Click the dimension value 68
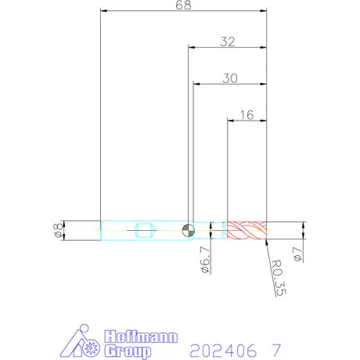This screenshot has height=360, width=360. click(x=183, y=5)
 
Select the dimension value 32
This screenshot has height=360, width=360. click(x=228, y=41)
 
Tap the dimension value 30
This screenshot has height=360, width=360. click(x=230, y=78)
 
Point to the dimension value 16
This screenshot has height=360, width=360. click(x=247, y=115)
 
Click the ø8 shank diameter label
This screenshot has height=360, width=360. click(x=58, y=231)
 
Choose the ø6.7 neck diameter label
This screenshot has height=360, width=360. click(x=206, y=260)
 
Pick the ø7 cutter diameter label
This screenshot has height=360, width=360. click(x=297, y=254)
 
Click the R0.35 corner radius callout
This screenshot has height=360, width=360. click(x=279, y=278)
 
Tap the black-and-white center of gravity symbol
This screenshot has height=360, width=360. click(x=188, y=230)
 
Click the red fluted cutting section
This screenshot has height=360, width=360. click(x=247, y=230)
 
